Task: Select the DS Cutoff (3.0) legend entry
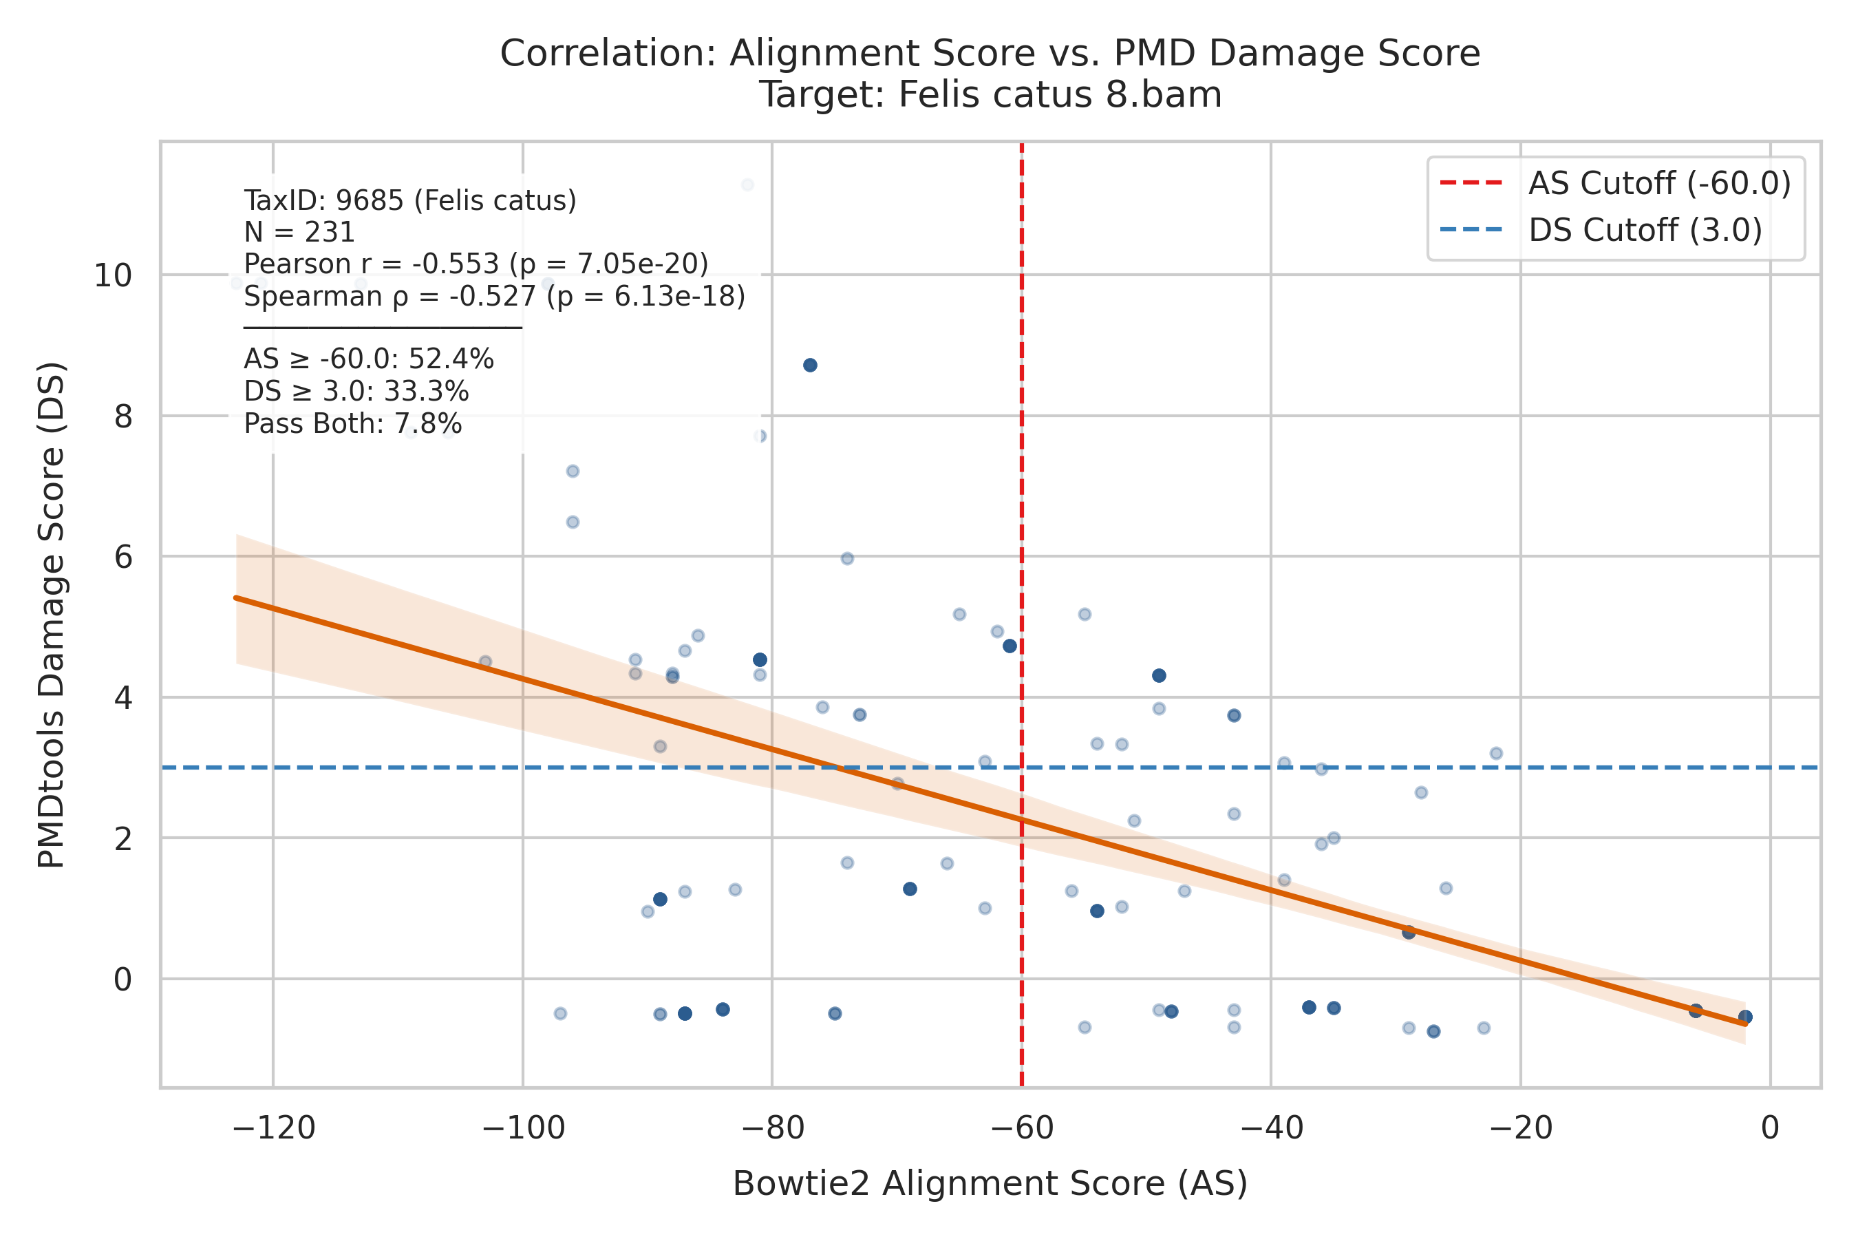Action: (1601, 231)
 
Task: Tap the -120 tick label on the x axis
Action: (273, 1128)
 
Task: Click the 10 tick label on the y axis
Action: (113, 276)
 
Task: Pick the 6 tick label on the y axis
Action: (123, 557)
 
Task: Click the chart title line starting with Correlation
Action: (990, 54)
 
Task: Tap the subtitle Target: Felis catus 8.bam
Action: (990, 95)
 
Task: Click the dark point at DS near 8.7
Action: (810, 365)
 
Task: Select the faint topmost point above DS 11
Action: (747, 185)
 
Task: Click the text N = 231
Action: (299, 233)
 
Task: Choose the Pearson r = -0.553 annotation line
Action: (476, 264)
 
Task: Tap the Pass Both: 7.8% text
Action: (353, 424)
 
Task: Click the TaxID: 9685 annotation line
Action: (410, 201)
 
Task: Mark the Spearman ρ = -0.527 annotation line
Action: (495, 296)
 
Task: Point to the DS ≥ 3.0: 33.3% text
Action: (356, 392)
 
